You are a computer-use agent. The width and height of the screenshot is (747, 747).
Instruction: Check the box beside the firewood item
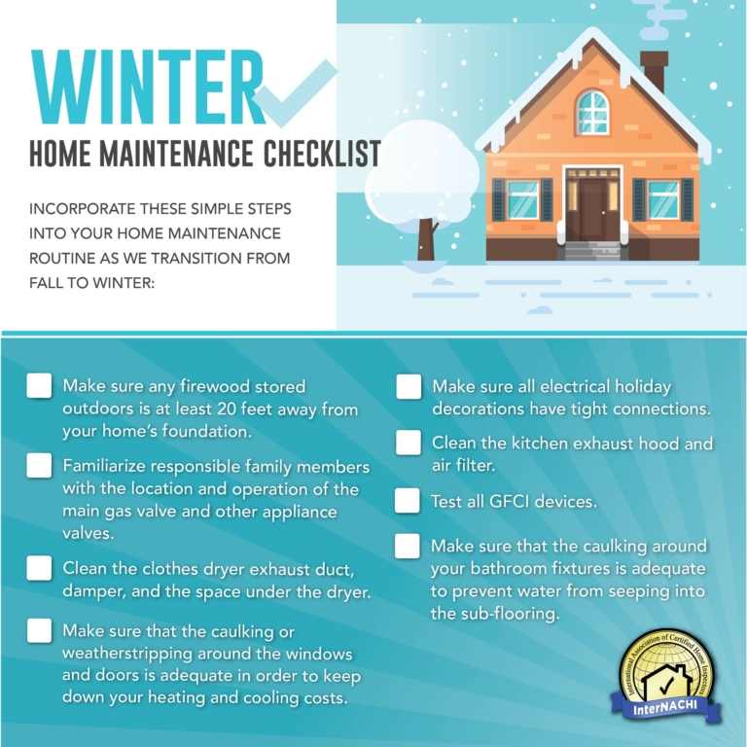39,386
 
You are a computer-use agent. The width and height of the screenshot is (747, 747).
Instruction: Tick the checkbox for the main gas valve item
39,466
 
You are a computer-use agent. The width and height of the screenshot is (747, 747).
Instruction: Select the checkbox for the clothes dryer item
39,567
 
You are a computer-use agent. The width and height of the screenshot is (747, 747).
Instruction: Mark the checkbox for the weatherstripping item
39,631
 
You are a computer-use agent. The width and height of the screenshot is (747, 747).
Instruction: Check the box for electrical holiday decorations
409,386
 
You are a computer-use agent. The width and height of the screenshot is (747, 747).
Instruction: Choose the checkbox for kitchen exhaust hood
409,444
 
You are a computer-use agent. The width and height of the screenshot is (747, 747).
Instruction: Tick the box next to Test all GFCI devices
408,501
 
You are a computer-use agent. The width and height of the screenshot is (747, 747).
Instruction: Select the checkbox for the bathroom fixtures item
408,546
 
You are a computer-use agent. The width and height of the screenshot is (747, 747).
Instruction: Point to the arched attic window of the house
591,112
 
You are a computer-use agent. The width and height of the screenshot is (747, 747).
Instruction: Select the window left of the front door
522,199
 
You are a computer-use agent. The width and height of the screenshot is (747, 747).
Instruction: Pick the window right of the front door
662,199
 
